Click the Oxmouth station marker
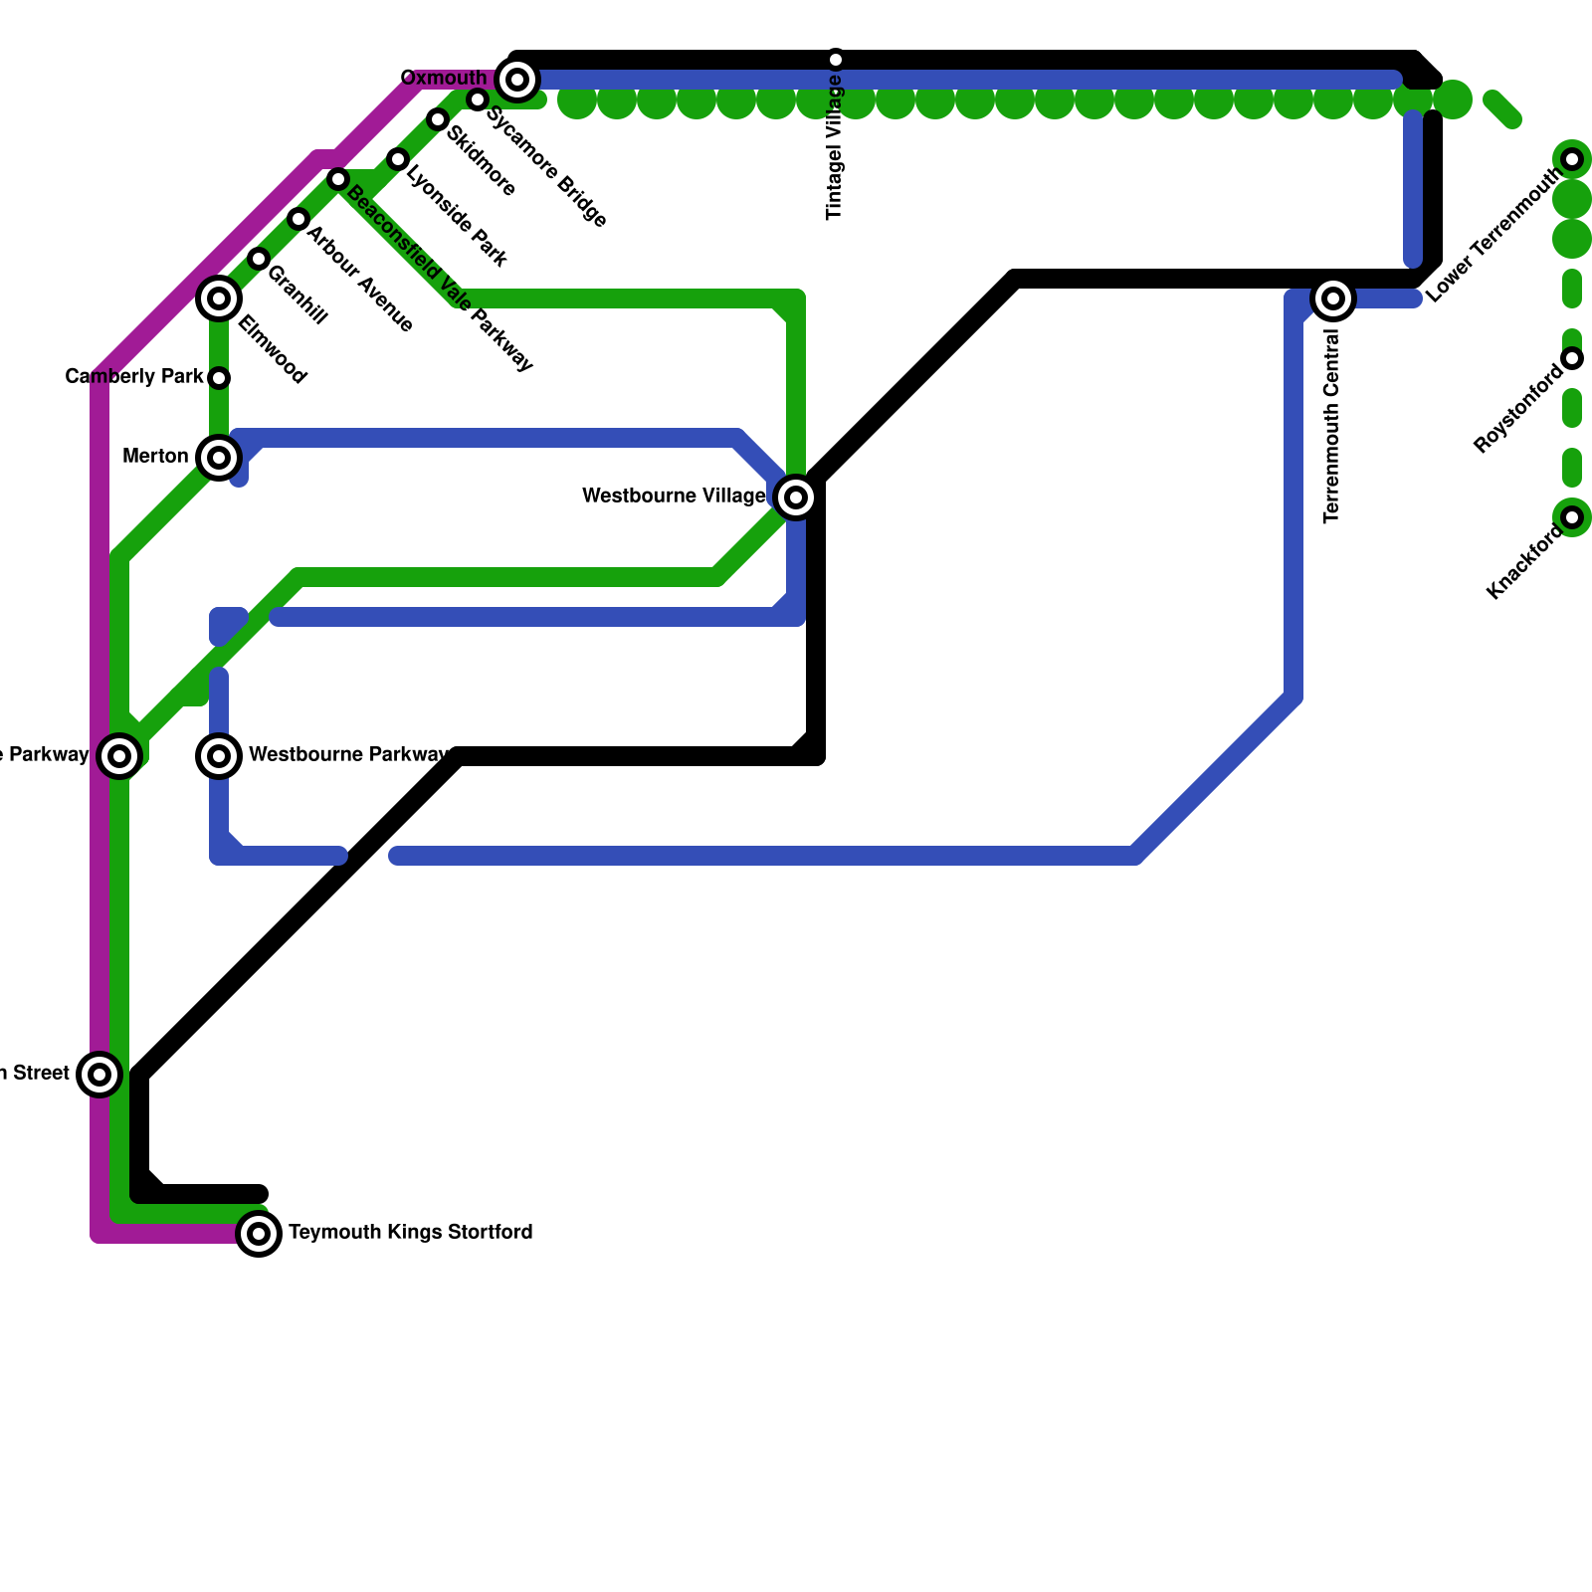[x=516, y=79]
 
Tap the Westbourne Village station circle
[x=796, y=497]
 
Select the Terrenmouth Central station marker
[x=1333, y=298]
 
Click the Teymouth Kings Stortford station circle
[x=259, y=1234]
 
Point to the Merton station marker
[x=219, y=458]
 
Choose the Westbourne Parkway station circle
[x=219, y=756]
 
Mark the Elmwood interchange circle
[x=219, y=298]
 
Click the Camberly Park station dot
[x=220, y=378]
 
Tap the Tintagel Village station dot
[x=836, y=60]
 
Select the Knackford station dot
[x=1572, y=517]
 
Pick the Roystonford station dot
[x=1572, y=358]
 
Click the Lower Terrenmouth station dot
[x=1572, y=159]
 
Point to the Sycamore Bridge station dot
[x=478, y=99]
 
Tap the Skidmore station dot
[x=438, y=119]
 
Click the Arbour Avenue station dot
[x=298, y=219]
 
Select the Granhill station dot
[x=259, y=259]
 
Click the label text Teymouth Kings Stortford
[x=410, y=1233]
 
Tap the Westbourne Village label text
[x=674, y=496]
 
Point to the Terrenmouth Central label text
[x=1332, y=426]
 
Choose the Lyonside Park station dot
[x=398, y=159]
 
